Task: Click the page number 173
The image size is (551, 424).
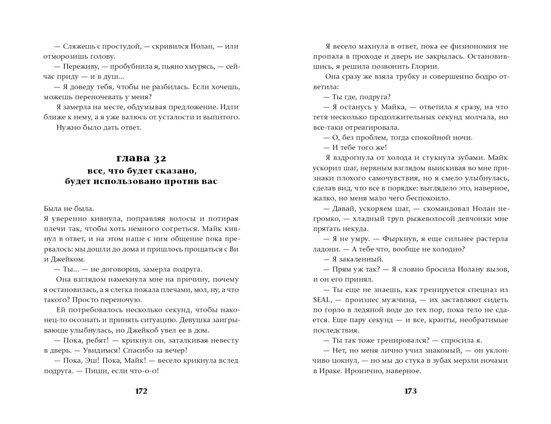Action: pos(410,391)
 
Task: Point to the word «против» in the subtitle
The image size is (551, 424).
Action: pos(180,181)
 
